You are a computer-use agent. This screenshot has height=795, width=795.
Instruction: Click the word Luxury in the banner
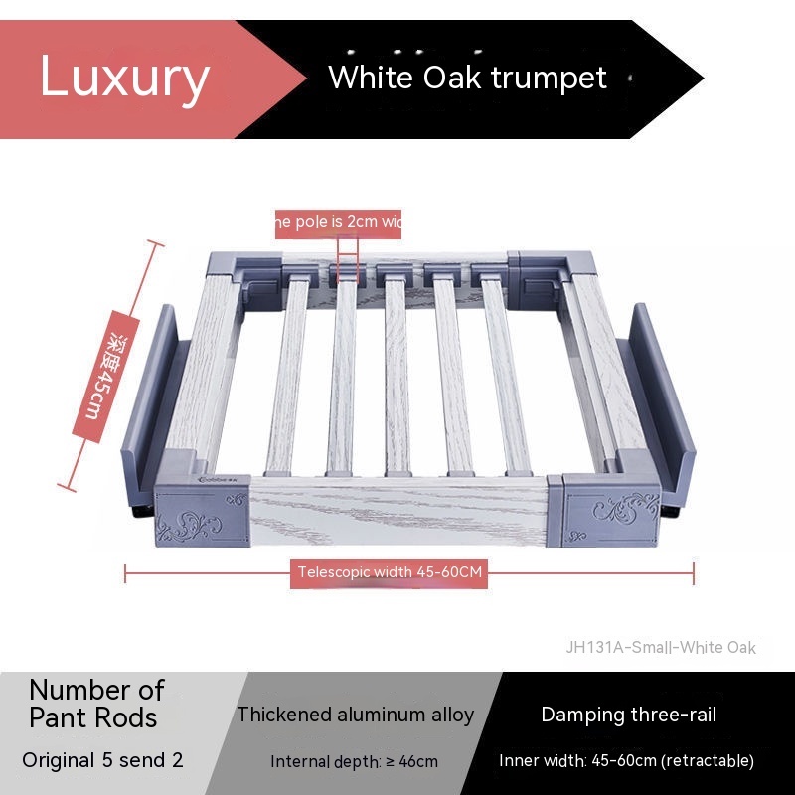tap(124, 78)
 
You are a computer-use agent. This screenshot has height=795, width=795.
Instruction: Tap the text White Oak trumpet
tap(467, 78)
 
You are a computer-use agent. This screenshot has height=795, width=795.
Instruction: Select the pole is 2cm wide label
tap(338, 222)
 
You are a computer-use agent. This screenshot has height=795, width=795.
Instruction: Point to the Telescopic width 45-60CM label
tap(390, 572)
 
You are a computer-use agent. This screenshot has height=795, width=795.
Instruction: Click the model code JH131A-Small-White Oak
tap(661, 647)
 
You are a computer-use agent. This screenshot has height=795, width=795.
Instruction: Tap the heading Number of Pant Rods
tap(95, 703)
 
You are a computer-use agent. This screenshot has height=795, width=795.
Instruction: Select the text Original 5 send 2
tap(103, 761)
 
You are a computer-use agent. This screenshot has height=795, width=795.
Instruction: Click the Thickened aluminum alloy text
tap(356, 715)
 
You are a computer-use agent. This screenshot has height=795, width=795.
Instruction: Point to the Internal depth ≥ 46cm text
tap(354, 762)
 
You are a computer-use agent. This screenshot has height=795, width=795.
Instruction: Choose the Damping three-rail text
tap(628, 715)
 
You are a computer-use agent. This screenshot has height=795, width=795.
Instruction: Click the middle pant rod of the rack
tap(397, 378)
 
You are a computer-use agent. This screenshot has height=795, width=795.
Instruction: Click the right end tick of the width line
tap(693, 572)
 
